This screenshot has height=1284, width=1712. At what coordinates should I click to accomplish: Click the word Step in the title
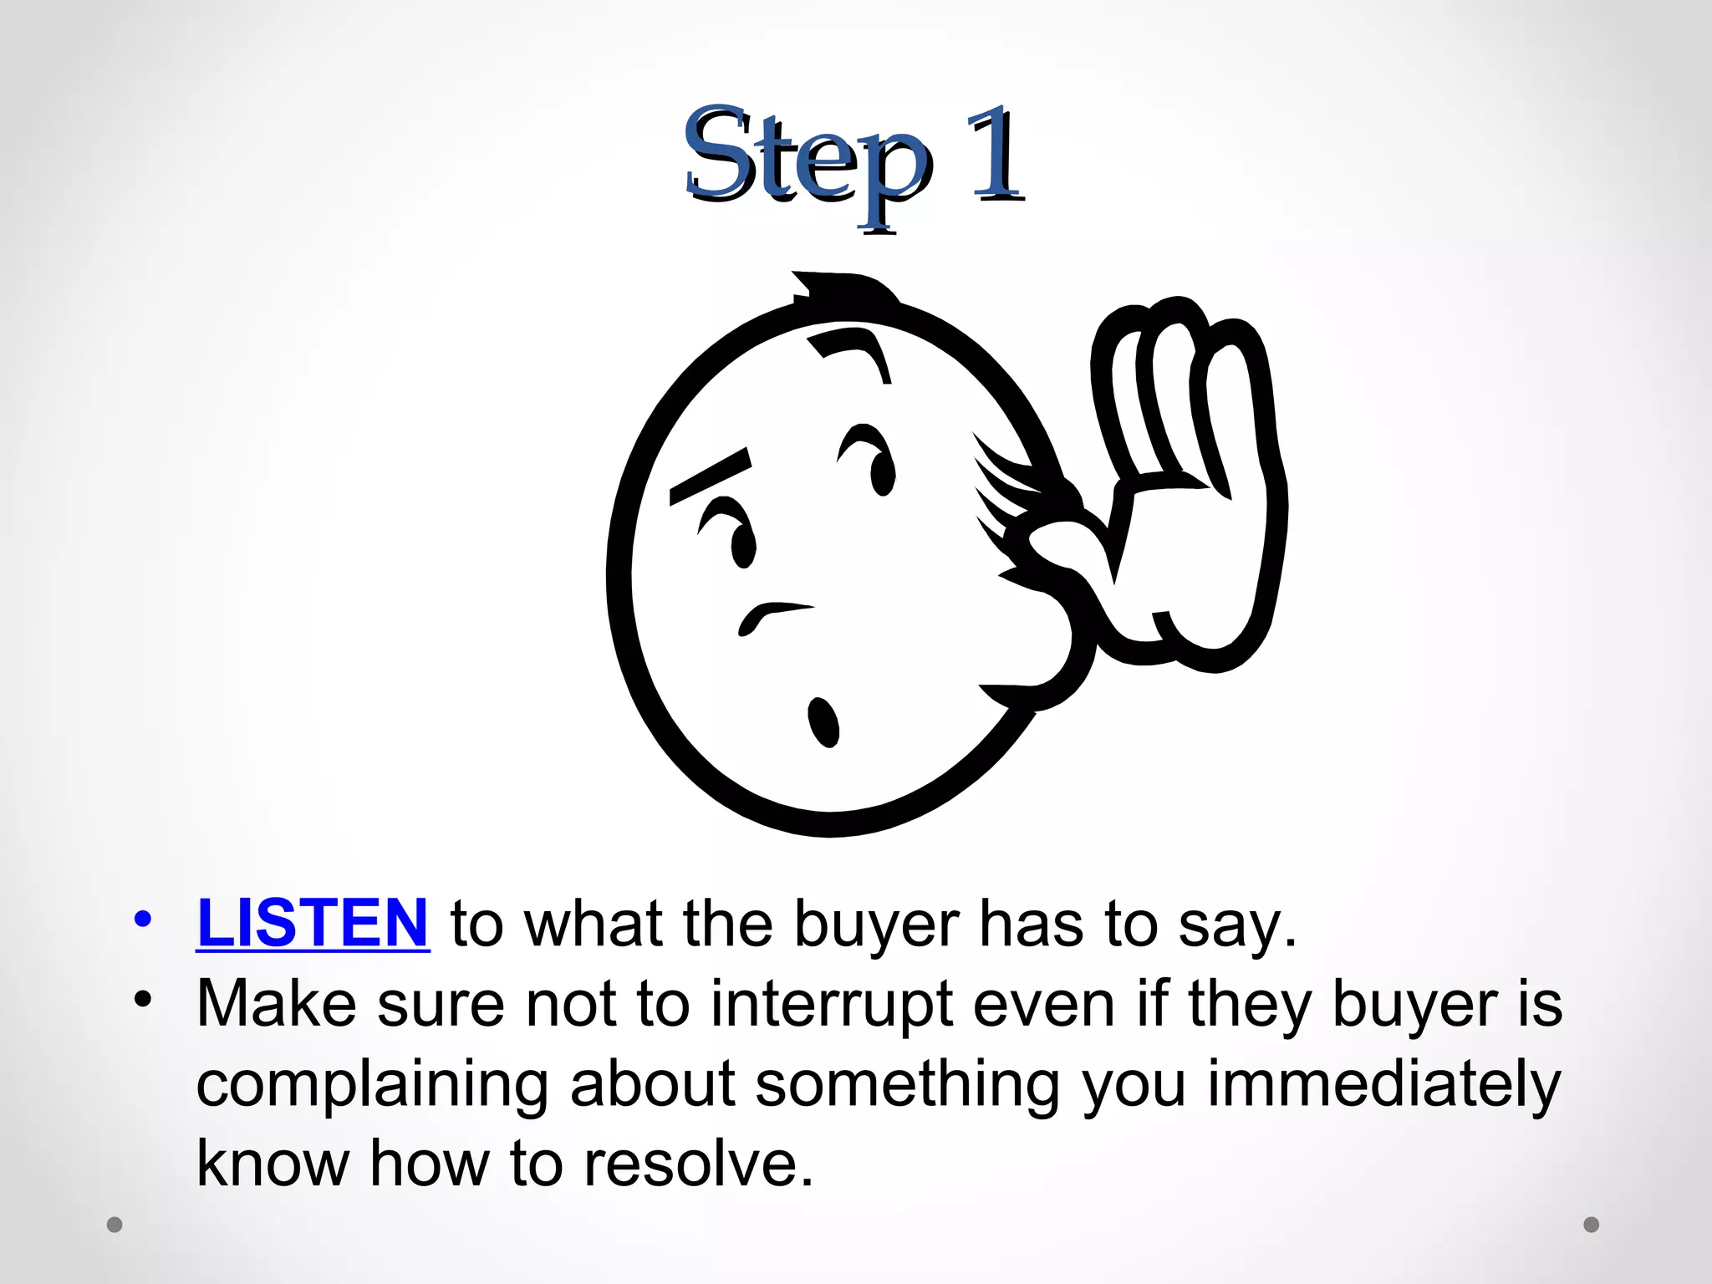pyautogui.click(x=806, y=159)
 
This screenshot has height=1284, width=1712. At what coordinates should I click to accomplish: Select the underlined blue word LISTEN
pyautogui.click(x=313, y=924)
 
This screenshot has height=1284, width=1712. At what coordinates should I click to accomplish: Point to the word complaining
pyautogui.click(x=372, y=1085)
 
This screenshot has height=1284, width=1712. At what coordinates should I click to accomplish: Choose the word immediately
pyautogui.click(x=1383, y=1084)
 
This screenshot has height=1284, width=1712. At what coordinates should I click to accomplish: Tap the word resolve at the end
pyautogui.click(x=698, y=1163)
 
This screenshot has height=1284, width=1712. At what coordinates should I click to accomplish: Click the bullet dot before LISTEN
pyautogui.click(x=143, y=920)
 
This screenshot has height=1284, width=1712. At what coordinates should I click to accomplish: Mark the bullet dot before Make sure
pyautogui.click(x=143, y=999)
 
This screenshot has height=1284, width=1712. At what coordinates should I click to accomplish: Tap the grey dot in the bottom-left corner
pyautogui.click(x=115, y=1225)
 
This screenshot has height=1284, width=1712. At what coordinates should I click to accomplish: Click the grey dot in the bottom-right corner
pyautogui.click(x=1592, y=1225)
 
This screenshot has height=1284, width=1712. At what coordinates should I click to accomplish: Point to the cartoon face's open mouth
pyautogui.click(x=823, y=722)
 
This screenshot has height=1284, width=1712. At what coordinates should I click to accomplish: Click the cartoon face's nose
pyautogui.click(x=772, y=616)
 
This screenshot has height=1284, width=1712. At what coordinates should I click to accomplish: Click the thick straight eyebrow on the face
pyautogui.click(x=709, y=476)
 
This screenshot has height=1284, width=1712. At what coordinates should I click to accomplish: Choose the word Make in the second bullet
pyautogui.click(x=276, y=1004)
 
